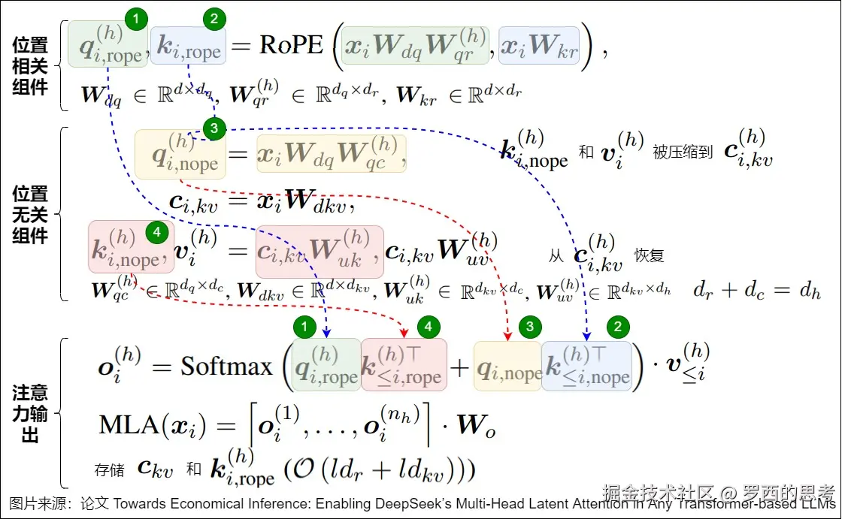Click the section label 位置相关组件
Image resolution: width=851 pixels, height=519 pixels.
tap(30, 66)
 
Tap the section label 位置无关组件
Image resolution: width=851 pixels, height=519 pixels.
tap(30, 215)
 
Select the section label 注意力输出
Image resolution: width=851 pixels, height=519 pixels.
tap(30, 413)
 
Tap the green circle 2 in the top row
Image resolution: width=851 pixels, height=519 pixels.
tap(214, 19)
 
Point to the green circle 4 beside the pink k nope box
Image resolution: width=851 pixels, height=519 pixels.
tap(156, 233)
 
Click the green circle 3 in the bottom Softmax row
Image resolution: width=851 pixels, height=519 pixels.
tap(530, 326)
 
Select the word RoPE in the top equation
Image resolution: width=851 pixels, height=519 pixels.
tap(291, 45)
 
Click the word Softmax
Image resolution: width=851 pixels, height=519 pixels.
tap(226, 367)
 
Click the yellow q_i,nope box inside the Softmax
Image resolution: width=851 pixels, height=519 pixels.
tap(507, 366)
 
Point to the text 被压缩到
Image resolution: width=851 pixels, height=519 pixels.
tap(682, 152)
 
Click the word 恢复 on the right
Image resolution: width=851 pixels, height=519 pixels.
tap(650, 255)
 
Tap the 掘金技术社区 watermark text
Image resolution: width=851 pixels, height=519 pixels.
tap(658, 493)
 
